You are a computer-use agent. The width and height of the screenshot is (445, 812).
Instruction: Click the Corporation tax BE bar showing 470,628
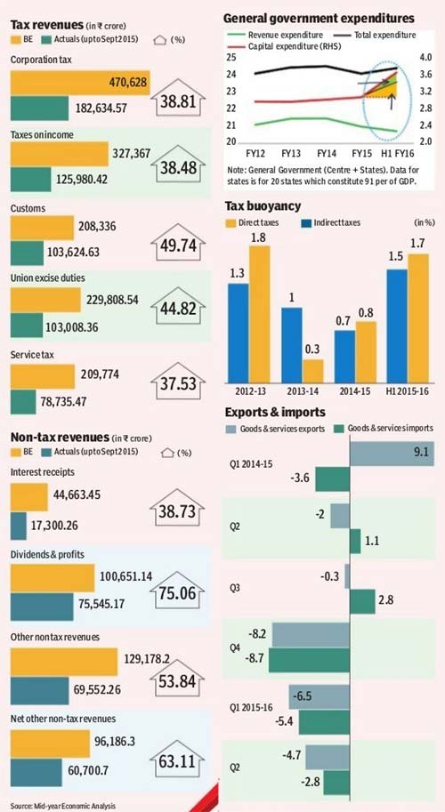80,83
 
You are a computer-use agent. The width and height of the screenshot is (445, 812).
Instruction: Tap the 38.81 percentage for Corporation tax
178,102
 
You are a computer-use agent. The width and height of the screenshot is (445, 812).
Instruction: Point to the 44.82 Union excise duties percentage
178,309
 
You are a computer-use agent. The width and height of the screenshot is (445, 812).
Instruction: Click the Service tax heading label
32,355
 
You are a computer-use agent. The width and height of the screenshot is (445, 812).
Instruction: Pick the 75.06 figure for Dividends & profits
178,592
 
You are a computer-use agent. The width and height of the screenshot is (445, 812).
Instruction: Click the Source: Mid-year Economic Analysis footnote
62,806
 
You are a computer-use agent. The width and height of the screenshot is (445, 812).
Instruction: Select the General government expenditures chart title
319,19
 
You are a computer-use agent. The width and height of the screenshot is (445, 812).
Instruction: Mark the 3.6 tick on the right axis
425,75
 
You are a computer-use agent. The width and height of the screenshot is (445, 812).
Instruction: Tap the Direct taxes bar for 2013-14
313,370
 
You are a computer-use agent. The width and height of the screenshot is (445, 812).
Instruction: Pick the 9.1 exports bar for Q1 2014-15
392,453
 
